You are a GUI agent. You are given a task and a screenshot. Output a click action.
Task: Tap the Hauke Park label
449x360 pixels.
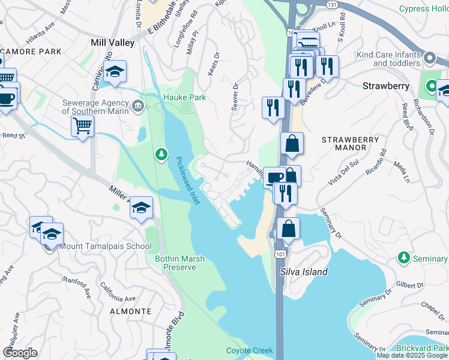coord(184,97)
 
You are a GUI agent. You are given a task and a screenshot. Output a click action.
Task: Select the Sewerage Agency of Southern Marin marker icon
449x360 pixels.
coord(138,107)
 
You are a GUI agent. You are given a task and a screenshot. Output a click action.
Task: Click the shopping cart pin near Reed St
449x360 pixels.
coord(82,126)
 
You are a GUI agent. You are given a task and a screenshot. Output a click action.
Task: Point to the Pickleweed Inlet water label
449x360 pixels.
coord(188,181)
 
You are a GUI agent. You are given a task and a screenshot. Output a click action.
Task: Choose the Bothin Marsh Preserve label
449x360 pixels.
coord(180,263)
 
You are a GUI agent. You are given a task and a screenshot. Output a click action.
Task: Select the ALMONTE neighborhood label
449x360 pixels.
coord(130,311)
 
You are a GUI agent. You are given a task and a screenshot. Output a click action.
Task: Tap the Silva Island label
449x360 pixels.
coord(304,272)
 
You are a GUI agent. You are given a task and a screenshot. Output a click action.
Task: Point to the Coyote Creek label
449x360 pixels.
coord(249,350)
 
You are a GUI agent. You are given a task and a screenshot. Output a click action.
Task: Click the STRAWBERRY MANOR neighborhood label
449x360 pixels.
coord(351,143)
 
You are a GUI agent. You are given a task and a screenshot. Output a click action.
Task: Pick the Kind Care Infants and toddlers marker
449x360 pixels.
coord(430,58)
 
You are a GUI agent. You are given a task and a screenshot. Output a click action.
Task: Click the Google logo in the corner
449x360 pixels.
coord(20,353)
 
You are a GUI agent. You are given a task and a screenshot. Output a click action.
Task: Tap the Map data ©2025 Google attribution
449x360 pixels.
coord(412,355)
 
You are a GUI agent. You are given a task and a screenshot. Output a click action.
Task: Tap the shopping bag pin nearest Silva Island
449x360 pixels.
coord(288,229)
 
